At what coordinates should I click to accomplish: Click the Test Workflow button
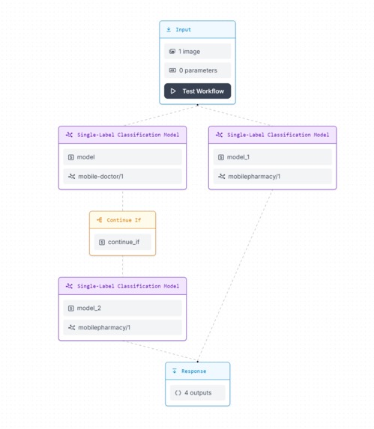pos(198,91)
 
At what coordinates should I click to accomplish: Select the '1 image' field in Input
pos(198,52)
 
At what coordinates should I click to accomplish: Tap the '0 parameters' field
pos(198,70)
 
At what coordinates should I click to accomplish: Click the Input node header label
pos(183,30)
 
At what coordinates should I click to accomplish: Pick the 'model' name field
pos(122,157)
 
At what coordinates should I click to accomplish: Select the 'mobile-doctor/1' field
pos(122,177)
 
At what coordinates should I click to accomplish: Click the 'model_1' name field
pos(272,157)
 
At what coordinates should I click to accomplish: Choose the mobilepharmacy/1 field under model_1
pos(272,177)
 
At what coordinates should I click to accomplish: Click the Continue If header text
pos(124,220)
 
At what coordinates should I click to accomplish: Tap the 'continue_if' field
pos(122,242)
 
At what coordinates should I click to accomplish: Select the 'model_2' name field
pos(122,308)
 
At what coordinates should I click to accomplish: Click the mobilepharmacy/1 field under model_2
pos(122,327)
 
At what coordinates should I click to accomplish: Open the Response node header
pos(193,371)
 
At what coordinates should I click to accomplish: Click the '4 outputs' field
pos(197,392)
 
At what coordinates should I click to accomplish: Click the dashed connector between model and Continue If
pos(122,201)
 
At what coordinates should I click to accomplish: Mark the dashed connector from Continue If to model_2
pos(122,267)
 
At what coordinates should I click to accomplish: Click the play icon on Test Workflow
pos(173,91)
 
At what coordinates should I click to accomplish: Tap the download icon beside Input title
pos(169,30)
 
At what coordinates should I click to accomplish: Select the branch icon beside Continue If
pos(99,220)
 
